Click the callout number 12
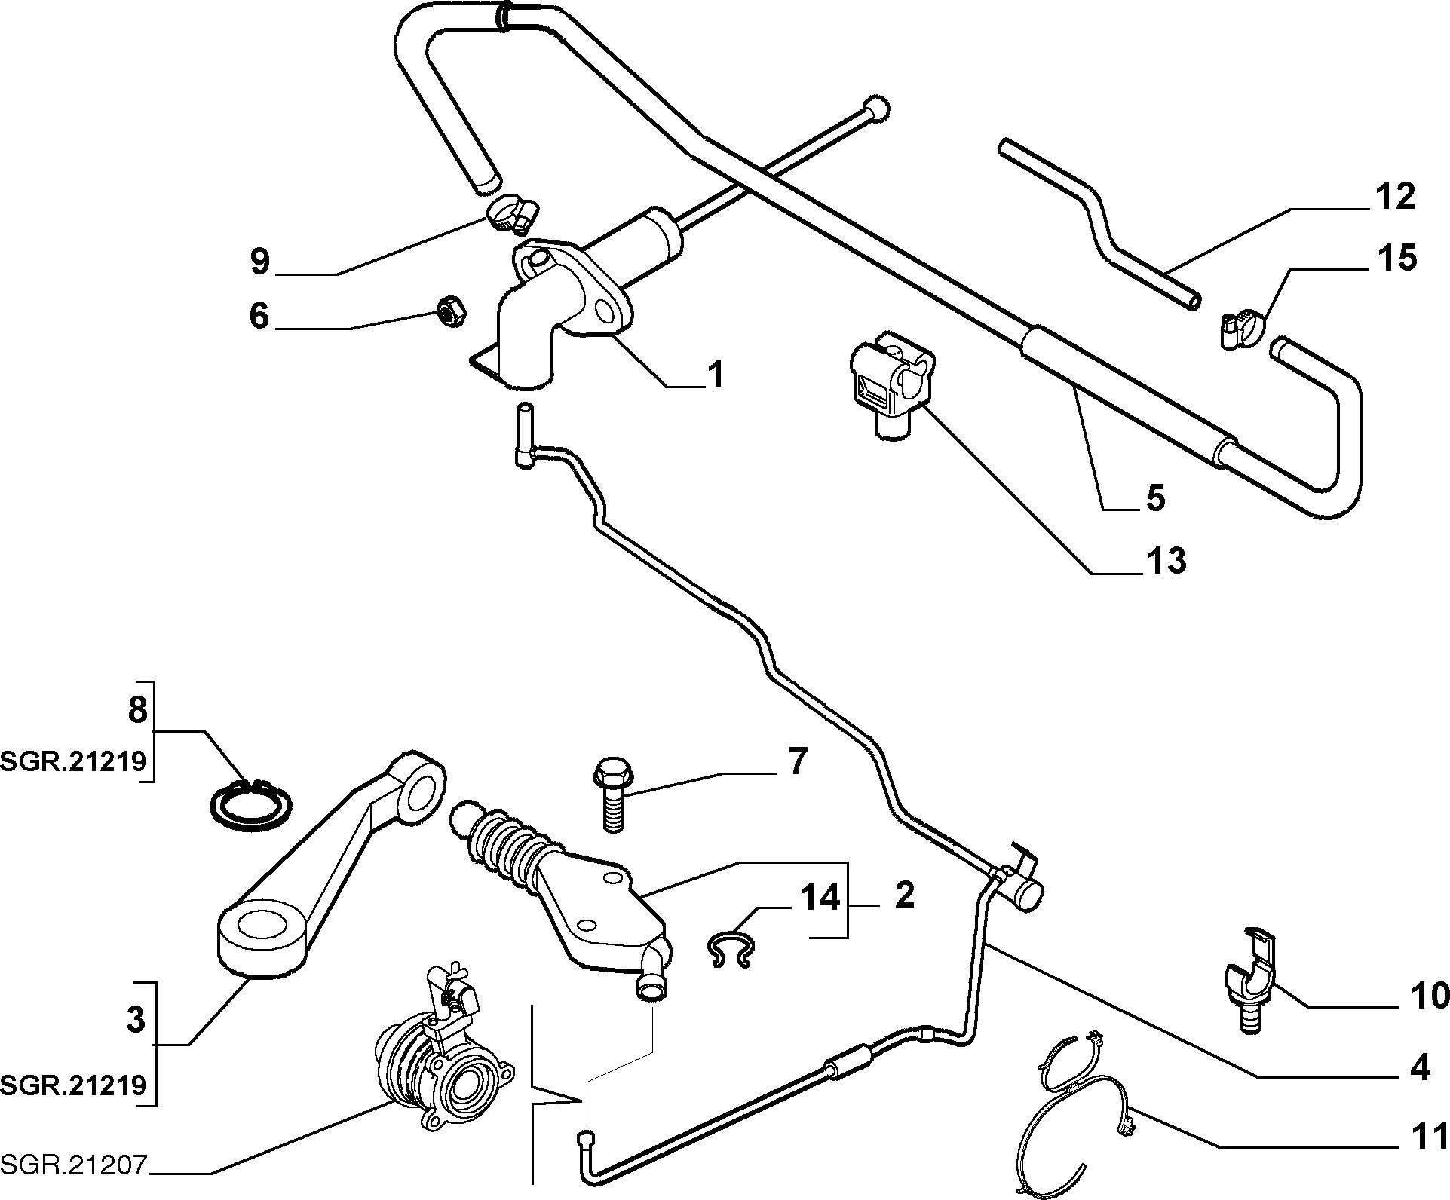coord(1394,197)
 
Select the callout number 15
coord(1396,259)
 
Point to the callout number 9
coord(259,261)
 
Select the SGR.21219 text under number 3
coord(73,1085)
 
